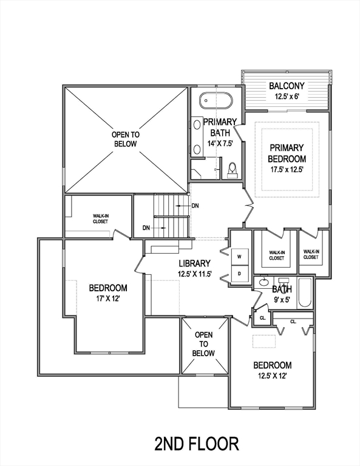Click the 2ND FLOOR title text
(196, 444)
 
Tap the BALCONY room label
(286, 86)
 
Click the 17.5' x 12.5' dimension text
(287, 169)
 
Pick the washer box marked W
(239, 257)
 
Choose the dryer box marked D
(239, 274)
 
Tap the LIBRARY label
(194, 263)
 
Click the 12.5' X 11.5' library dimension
(194, 274)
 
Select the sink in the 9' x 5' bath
(264, 283)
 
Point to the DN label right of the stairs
(195, 206)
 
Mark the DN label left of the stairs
(146, 228)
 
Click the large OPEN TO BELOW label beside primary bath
(124, 139)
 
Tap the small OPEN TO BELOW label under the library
(203, 344)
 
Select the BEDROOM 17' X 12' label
(108, 293)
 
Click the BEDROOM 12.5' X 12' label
(273, 370)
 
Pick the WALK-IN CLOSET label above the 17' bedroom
(100, 218)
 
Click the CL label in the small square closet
(262, 317)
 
